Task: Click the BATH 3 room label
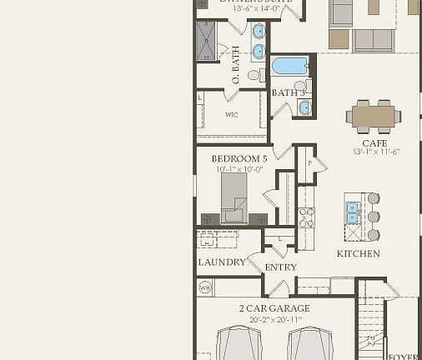coord(289,92)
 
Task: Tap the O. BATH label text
coord(236,65)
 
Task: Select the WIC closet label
coord(232,115)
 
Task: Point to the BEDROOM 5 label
coord(239,158)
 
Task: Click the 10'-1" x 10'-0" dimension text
coord(239,169)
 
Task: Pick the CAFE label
coord(374,143)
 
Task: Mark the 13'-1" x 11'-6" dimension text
coord(377,152)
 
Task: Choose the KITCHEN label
coord(358,253)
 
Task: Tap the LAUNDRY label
coord(222,262)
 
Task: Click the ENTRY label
coord(280,267)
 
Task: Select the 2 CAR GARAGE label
coord(274,308)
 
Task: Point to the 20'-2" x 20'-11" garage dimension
coord(274,318)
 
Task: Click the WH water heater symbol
coord(204,287)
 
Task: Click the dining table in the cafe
coord(372,116)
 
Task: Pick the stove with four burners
coord(305,217)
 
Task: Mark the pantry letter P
coord(310,163)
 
